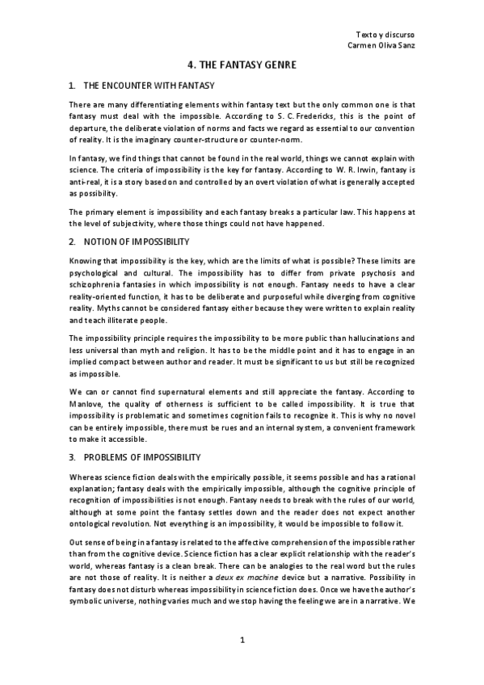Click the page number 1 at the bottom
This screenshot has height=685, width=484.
[x=242, y=641]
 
